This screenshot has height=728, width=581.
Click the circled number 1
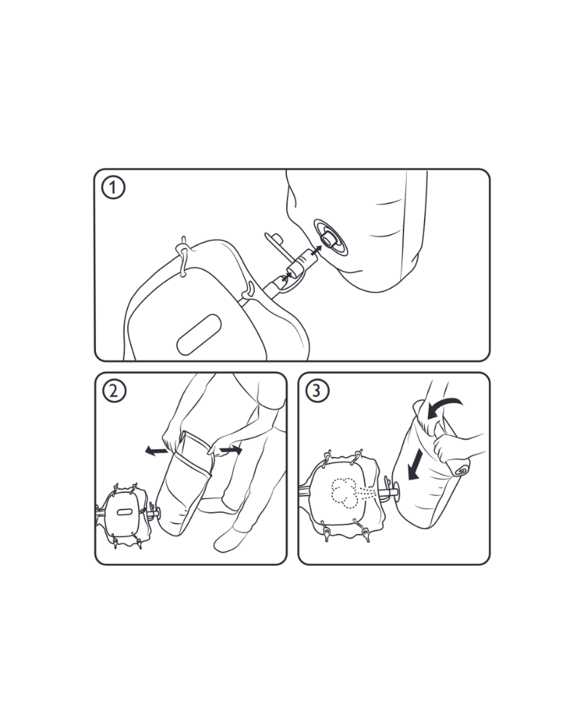(113, 187)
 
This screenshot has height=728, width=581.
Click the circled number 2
(114, 391)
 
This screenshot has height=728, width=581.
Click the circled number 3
(317, 390)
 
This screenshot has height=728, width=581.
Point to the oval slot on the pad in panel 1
(198, 334)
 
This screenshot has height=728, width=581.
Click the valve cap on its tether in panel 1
(277, 240)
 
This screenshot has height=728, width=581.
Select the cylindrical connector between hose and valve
(303, 262)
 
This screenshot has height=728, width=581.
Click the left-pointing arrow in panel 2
(155, 450)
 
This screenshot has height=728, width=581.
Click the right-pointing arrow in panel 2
(231, 450)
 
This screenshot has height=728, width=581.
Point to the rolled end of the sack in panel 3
(459, 467)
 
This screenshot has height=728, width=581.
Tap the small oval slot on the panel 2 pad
(124, 511)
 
